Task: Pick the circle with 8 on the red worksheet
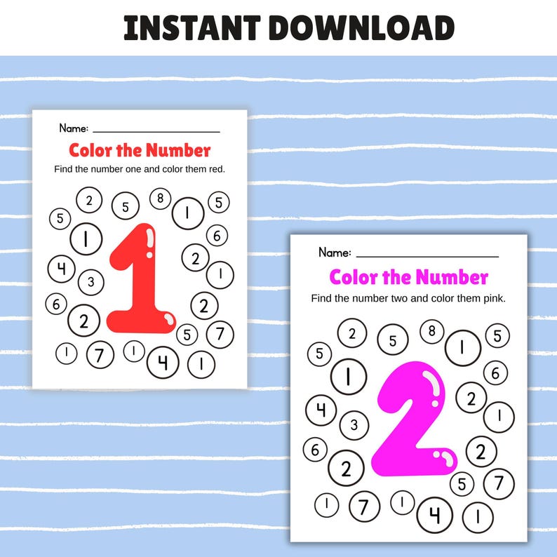tap(161, 199)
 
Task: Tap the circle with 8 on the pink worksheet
tap(431, 330)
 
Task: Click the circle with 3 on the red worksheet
tap(90, 283)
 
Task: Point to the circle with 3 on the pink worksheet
tap(354, 424)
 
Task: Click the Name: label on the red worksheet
tap(74, 128)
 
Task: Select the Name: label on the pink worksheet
tap(335, 253)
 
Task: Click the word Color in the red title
tap(93, 149)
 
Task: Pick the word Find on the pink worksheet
tap(323, 298)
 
